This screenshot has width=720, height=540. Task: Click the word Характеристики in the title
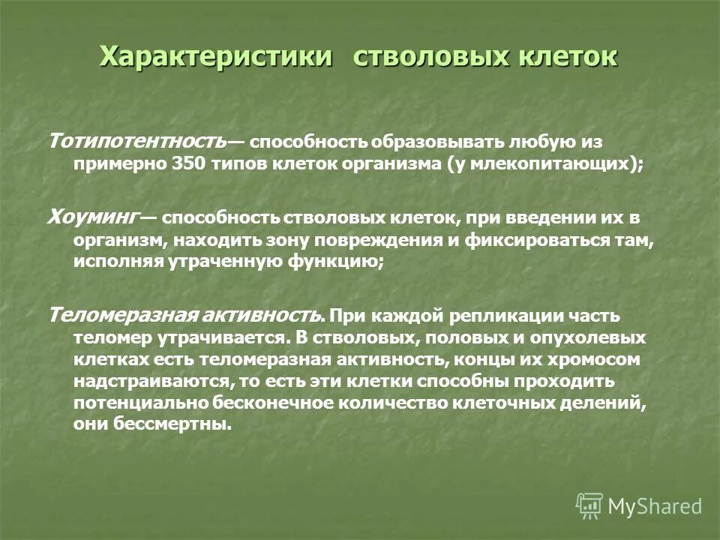pos(215,58)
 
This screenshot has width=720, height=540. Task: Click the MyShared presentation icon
pos(589,505)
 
